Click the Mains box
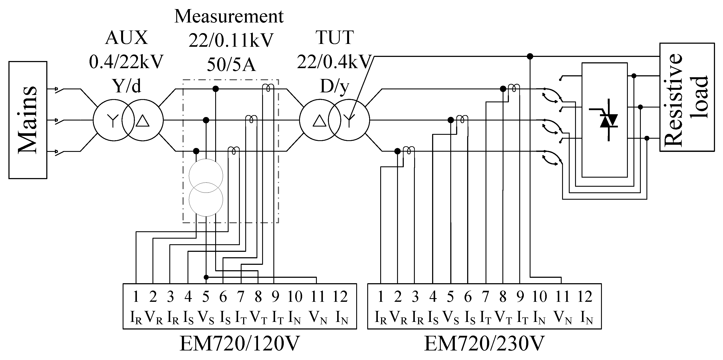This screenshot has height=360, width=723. [x=28, y=120]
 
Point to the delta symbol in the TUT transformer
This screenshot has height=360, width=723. [x=319, y=121]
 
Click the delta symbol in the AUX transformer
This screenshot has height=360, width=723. [x=143, y=121]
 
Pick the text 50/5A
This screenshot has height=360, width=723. [x=231, y=65]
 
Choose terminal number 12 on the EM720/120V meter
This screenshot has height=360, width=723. [x=340, y=297]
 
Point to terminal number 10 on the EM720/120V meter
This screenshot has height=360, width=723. [x=295, y=297]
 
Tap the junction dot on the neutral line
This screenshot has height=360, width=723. [x=530, y=56]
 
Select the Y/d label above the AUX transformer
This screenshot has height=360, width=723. [x=126, y=86]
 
